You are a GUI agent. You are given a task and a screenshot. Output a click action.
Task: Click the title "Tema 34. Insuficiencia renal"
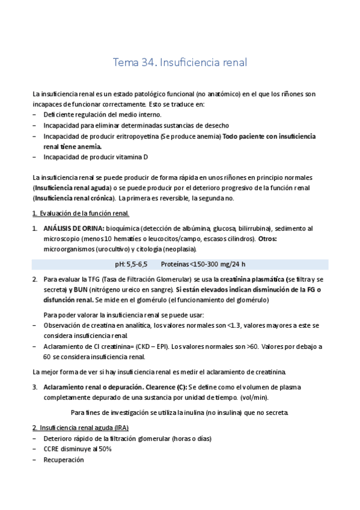tap(180, 63)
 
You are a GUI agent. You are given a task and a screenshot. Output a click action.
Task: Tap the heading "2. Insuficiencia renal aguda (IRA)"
tap(81, 427)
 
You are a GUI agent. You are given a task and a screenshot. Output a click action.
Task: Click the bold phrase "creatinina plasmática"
tap(252, 280)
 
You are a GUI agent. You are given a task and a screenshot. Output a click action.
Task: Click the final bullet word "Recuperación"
tap(63, 459)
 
